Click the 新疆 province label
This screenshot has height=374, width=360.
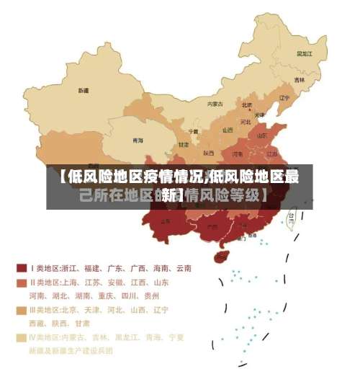click(84, 91)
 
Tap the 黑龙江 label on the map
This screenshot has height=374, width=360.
click(305, 53)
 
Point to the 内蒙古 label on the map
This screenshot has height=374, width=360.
click(215, 104)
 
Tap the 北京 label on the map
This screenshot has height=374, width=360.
click(247, 105)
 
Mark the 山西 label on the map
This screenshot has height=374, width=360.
click(228, 130)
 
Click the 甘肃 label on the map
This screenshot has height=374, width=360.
click(184, 144)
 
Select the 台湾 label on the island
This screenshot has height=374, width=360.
click(292, 214)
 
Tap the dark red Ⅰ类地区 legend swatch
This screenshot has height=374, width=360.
click(22, 267)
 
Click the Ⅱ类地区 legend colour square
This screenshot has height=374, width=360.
click(22, 282)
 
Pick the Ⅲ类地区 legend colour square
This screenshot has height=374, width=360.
click(22, 310)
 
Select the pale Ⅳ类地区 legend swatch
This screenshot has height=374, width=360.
click(22, 337)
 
